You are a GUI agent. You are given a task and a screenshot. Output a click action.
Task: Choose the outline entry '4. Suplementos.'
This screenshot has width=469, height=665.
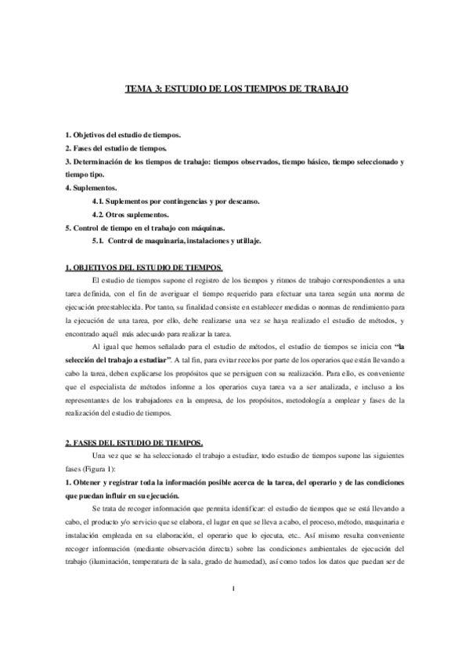pos(91,189)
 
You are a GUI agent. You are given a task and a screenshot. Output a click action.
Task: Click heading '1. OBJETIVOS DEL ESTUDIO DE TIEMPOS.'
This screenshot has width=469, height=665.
pos(143,268)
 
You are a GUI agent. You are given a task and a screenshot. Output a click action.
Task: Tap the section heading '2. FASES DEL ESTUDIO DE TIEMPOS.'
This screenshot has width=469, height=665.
pos(133,442)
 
